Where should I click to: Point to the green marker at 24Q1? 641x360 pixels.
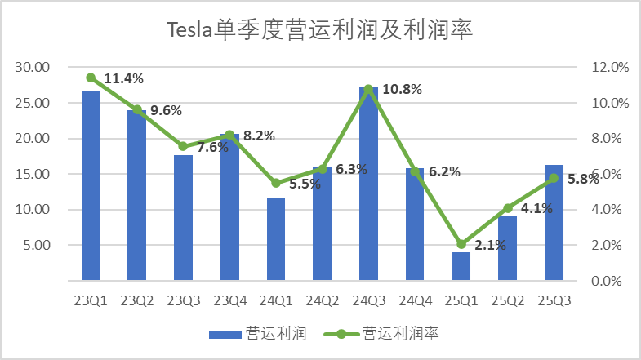(x=276, y=183)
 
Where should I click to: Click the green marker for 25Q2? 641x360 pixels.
(x=507, y=208)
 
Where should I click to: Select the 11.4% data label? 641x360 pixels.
(x=124, y=78)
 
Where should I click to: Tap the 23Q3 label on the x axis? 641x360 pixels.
(x=183, y=300)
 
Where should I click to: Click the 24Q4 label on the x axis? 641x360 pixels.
(x=415, y=300)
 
